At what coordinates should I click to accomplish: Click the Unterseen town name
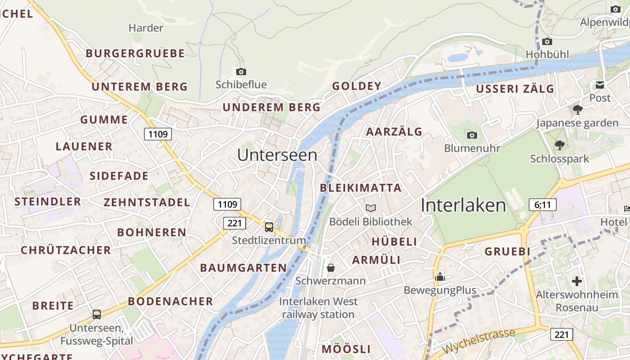(x=277, y=155)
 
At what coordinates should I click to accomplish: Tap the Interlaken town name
(x=463, y=206)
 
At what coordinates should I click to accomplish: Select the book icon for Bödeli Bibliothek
(x=370, y=208)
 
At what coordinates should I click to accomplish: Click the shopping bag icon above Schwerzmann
(x=331, y=268)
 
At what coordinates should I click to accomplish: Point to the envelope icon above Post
(x=600, y=85)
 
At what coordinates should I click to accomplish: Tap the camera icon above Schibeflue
(x=241, y=72)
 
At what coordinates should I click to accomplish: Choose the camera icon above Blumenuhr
(x=472, y=135)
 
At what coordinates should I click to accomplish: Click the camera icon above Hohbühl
(x=547, y=41)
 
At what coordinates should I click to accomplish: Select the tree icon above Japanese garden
(x=577, y=109)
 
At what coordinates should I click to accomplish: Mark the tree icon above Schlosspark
(x=559, y=145)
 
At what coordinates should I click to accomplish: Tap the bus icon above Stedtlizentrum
(x=269, y=227)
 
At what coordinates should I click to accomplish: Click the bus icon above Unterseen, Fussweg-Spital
(x=97, y=315)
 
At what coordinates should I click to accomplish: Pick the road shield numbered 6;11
(x=543, y=205)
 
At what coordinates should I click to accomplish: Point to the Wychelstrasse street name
(x=478, y=342)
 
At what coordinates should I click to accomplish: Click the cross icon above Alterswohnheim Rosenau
(x=576, y=281)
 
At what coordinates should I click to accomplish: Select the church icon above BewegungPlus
(x=440, y=276)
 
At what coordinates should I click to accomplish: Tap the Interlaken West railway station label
(x=319, y=308)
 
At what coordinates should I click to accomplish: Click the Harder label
(x=145, y=28)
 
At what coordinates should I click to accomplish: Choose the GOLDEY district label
(x=356, y=86)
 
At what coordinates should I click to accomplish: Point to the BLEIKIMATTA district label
(x=360, y=188)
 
